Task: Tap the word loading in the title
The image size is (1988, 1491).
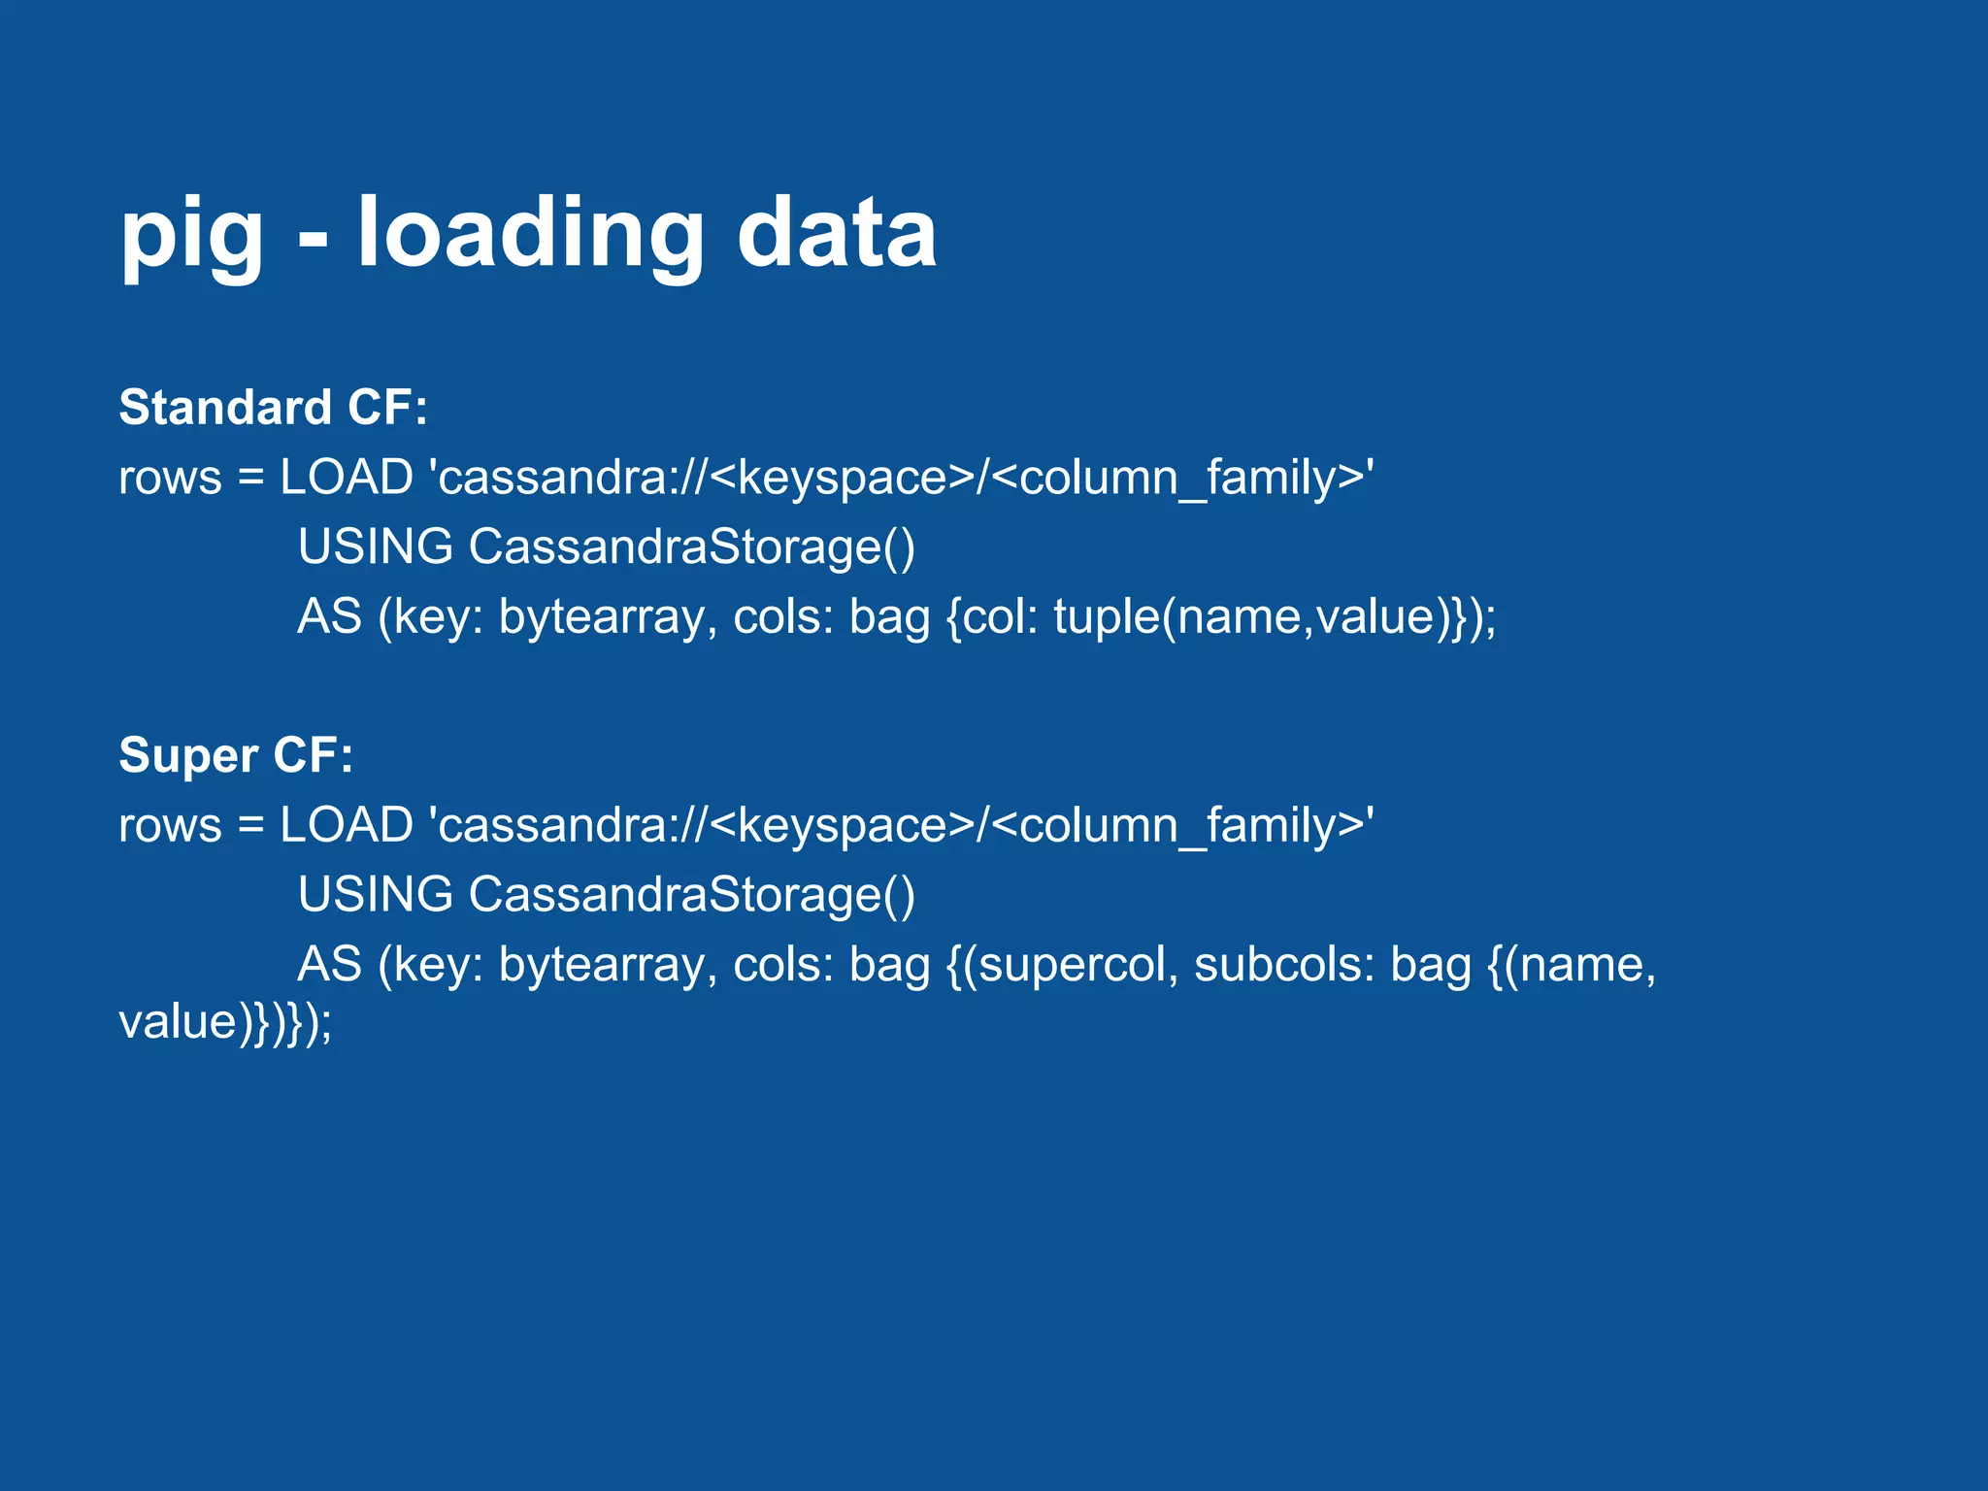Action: (x=530, y=236)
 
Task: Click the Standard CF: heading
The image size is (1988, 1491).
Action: (x=273, y=407)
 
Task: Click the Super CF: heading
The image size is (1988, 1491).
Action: (x=236, y=755)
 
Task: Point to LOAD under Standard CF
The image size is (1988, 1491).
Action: (x=347, y=478)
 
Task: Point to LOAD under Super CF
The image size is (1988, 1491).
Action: (x=347, y=825)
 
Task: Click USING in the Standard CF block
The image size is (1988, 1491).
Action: (x=376, y=547)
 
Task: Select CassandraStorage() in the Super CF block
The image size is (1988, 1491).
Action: (x=691, y=894)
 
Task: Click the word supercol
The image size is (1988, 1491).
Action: (x=1072, y=965)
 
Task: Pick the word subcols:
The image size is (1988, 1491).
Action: (x=1284, y=965)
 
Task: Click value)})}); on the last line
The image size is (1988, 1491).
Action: (x=225, y=1022)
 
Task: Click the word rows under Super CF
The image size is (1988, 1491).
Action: (x=170, y=826)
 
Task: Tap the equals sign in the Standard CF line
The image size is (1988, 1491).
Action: (x=250, y=479)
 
